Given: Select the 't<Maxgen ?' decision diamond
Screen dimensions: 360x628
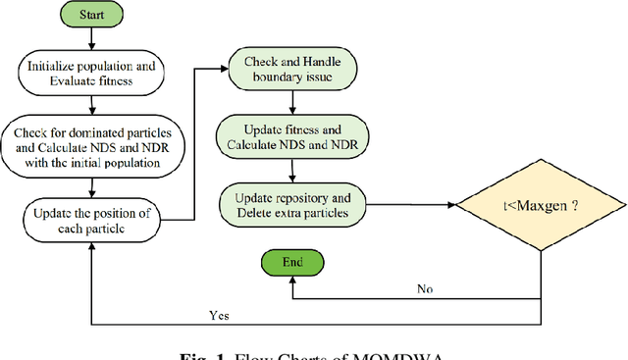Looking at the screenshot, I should pos(544,206).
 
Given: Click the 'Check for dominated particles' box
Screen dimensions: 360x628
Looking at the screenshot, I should pos(90,146).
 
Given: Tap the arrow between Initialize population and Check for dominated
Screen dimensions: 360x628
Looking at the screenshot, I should pos(90,107).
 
